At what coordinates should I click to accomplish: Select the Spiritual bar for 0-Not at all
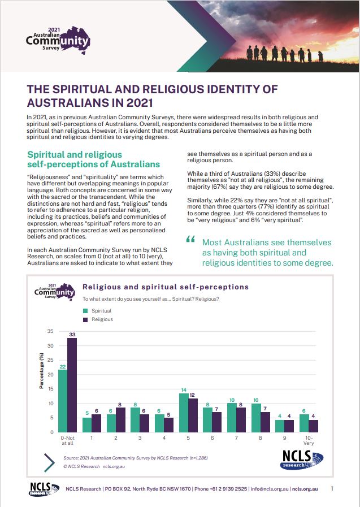[62, 401]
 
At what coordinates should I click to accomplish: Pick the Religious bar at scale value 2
[120, 420]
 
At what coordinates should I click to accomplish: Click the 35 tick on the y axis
[50, 331]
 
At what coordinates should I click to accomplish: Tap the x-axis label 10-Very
[309, 441]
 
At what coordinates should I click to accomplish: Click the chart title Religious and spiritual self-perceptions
[166, 287]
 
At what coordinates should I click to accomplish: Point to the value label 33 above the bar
[72, 335]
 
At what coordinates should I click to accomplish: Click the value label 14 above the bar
[184, 390]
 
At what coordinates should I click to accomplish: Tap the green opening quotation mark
[191, 240]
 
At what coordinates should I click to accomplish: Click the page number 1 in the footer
[332, 488]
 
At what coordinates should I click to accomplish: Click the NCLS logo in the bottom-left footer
[45, 489]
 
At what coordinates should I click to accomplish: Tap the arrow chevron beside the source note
[49, 462]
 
